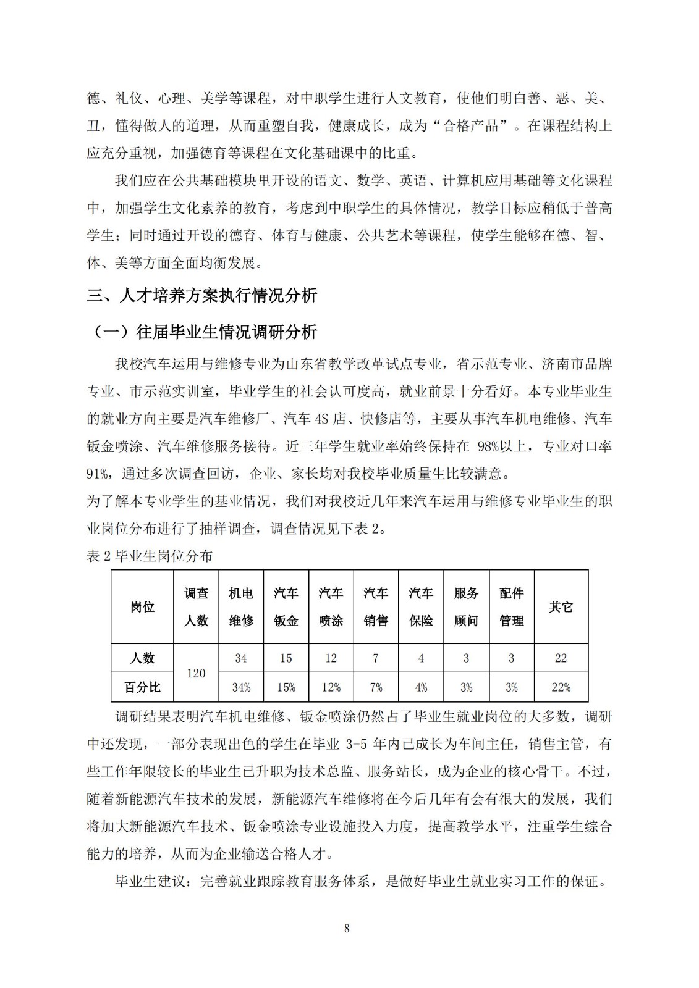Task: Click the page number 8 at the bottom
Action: click(x=347, y=928)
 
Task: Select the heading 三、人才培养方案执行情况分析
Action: click(x=201, y=296)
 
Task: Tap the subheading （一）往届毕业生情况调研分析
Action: click(x=205, y=332)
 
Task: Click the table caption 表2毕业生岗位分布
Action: click(x=150, y=556)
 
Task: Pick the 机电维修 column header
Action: click(x=241, y=607)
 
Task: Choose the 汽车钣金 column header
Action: click(x=286, y=607)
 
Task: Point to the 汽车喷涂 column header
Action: click(x=331, y=607)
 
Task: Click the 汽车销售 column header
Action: click(x=376, y=607)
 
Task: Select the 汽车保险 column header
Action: click(x=421, y=607)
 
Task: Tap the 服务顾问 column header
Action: click(x=466, y=607)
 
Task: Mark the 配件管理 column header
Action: click(x=511, y=607)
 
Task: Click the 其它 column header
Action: click(x=561, y=607)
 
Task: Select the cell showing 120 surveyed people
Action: click(x=196, y=673)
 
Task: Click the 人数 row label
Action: click(x=142, y=658)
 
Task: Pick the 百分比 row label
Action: click(x=142, y=687)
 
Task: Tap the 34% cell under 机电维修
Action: click(x=241, y=687)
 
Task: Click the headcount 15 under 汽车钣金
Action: click(x=286, y=658)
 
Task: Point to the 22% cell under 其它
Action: click(x=561, y=687)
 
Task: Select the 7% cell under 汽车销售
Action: click(x=376, y=687)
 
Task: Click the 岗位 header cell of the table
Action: click(x=142, y=607)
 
